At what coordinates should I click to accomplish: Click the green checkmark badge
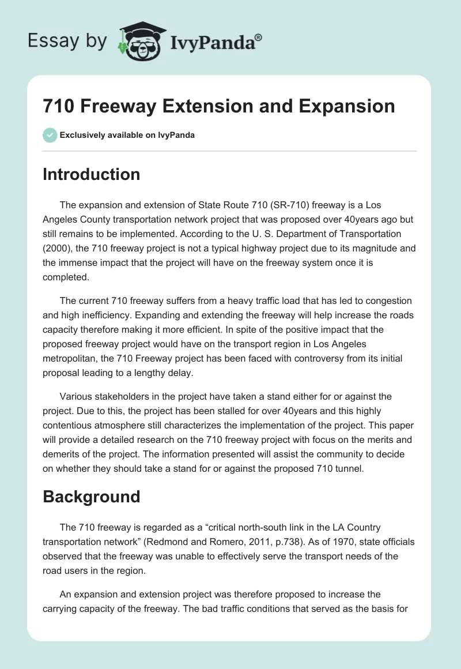pos(50,135)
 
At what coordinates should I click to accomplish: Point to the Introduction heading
pos(91,174)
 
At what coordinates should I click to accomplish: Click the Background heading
pos(91,497)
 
